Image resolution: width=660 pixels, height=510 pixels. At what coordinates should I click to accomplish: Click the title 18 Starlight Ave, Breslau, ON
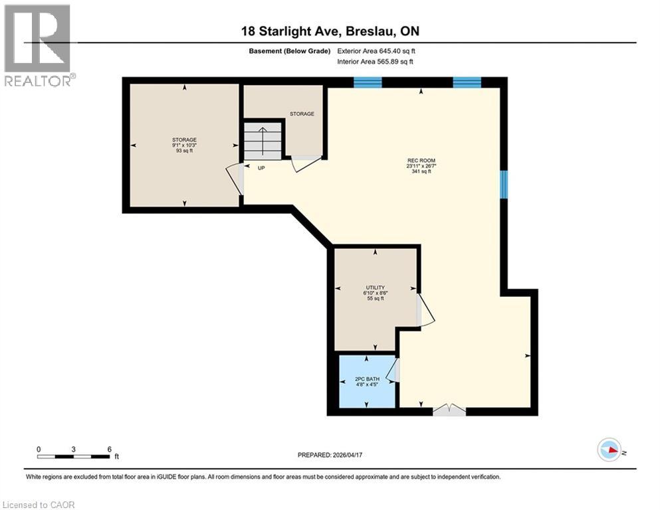click(329, 31)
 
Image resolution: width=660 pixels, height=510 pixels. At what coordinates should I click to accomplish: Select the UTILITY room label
click(376, 293)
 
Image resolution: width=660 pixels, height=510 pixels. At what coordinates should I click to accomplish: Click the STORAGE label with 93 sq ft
click(184, 145)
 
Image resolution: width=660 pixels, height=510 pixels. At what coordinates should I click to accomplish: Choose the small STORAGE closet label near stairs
click(302, 114)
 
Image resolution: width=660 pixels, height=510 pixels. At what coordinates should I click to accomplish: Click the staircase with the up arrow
click(263, 140)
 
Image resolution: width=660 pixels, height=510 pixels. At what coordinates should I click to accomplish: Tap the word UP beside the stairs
click(261, 168)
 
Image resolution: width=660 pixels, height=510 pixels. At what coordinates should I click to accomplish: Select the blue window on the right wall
click(504, 185)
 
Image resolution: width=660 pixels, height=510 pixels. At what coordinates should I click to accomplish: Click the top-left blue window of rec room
click(368, 82)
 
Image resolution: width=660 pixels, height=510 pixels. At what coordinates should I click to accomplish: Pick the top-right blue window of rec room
click(467, 82)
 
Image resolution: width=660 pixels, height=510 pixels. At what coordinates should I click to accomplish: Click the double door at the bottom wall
click(449, 410)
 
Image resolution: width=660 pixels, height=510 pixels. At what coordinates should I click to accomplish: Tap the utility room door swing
click(425, 312)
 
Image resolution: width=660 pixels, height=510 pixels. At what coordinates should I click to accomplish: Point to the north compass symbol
click(609, 450)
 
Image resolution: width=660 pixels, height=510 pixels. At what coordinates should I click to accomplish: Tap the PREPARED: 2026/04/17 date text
click(330, 455)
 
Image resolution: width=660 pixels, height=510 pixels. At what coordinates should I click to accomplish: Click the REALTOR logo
click(38, 44)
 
